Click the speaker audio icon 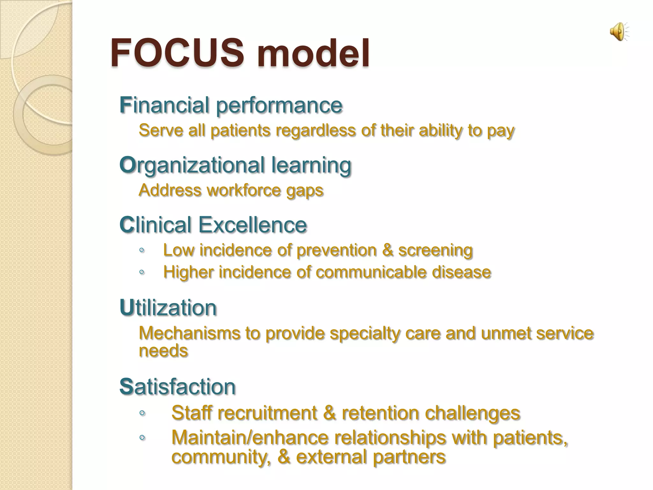click(619, 32)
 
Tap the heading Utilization click(168, 308)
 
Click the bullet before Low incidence click(142, 250)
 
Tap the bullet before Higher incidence click(142, 272)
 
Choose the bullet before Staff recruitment click(142, 413)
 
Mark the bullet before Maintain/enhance click(142, 438)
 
